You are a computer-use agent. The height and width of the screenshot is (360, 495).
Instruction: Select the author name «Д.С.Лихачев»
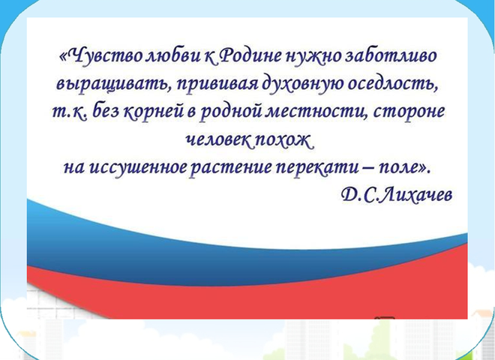[397, 194]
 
